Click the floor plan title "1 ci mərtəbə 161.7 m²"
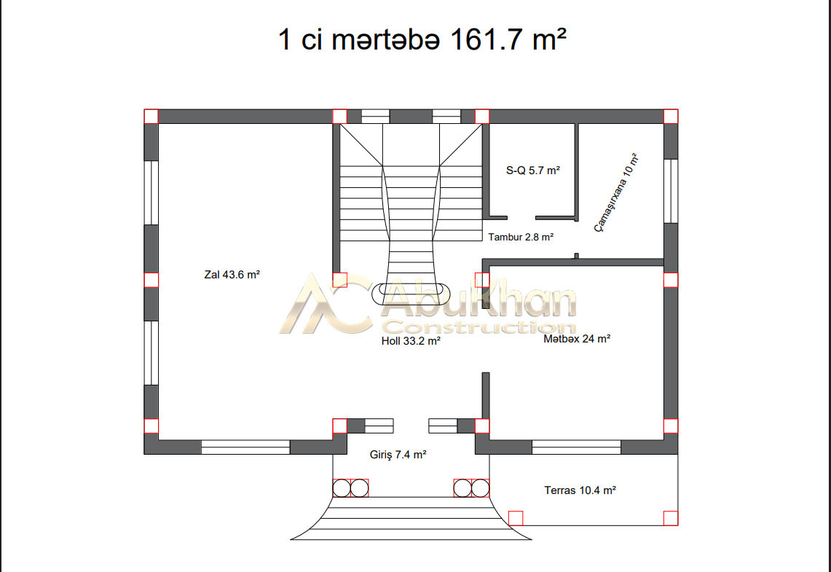click(x=422, y=39)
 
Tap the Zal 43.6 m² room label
click(x=232, y=275)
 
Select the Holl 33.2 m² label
click(x=411, y=341)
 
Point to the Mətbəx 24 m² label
click(x=577, y=339)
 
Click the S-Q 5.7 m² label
click(x=533, y=171)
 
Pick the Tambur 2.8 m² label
click(x=521, y=237)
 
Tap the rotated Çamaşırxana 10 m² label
click(x=616, y=192)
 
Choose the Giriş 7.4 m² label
click(x=398, y=455)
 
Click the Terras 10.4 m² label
click(x=580, y=490)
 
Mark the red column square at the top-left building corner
click(x=151, y=117)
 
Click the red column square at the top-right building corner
click(x=671, y=117)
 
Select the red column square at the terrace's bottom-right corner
click(x=671, y=519)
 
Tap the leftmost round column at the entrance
click(x=342, y=488)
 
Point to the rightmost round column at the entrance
click(x=480, y=488)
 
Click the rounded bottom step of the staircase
click(x=411, y=294)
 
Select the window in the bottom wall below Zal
click(x=245, y=447)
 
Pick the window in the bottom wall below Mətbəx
click(x=576, y=447)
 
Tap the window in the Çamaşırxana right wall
click(x=671, y=191)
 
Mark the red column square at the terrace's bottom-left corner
click(x=516, y=519)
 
